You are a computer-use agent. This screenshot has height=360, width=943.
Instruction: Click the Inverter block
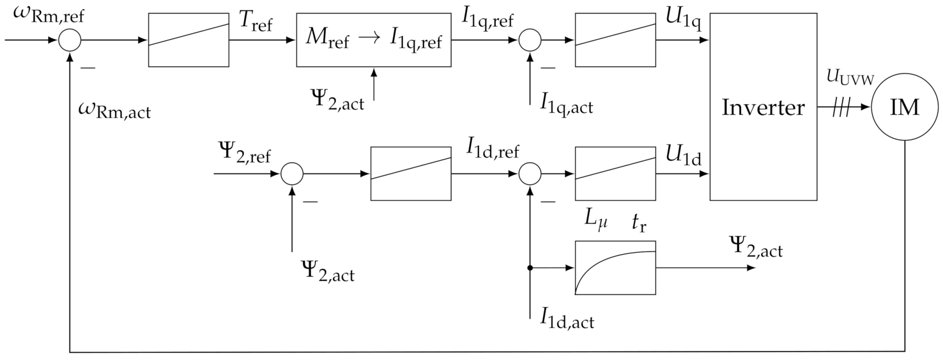pyautogui.click(x=763, y=107)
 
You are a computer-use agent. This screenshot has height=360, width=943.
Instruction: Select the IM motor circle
pyautogui.click(x=905, y=107)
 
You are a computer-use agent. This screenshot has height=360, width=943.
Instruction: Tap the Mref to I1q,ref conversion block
pyautogui.click(x=374, y=40)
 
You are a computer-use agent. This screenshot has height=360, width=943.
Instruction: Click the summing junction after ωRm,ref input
pyautogui.click(x=70, y=40)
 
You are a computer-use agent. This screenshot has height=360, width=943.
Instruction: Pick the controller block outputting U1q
pyautogui.click(x=615, y=40)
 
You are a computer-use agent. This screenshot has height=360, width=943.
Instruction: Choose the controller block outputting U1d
pyautogui.click(x=615, y=173)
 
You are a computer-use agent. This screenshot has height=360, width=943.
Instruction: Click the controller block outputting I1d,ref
pyautogui.click(x=411, y=173)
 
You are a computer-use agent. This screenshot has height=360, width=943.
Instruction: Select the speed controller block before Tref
pyautogui.click(x=188, y=40)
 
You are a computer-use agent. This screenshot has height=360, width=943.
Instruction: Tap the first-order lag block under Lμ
pyautogui.click(x=615, y=268)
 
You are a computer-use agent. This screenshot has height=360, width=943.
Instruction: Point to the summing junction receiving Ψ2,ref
pyautogui.click(x=292, y=173)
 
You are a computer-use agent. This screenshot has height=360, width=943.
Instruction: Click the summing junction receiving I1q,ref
pyautogui.click(x=530, y=40)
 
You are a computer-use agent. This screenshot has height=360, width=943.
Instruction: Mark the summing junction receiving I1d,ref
pyautogui.click(x=530, y=173)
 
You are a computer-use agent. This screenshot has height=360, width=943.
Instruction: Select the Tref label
pyautogui.click(x=256, y=21)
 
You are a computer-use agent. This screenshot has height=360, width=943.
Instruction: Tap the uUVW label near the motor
pyautogui.click(x=850, y=78)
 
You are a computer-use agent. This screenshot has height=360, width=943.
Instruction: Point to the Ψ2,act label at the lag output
pyautogui.click(x=756, y=248)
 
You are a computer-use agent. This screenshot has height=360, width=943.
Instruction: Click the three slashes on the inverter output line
pyautogui.click(x=841, y=107)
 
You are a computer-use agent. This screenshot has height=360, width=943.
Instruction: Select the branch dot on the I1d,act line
pyautogui.click(x=530, y=268)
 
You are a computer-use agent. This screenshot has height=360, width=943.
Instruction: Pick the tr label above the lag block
pyautogui.click(x=639, y=223)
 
